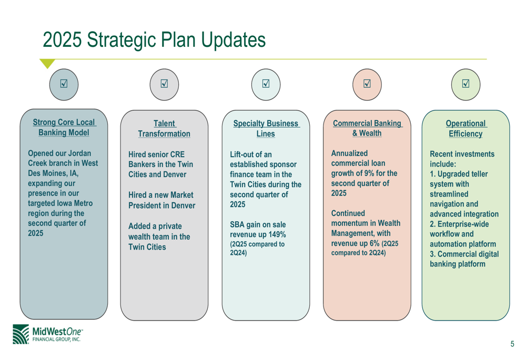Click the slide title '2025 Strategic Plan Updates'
(x=154, y=40)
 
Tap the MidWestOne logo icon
(x=21, y=334)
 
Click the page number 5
(x=512, y=344)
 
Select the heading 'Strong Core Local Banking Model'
(x=64, y=127)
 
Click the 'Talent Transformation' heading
(x=164, y=129)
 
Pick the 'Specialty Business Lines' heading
(x=266, y=129)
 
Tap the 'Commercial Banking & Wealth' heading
(x=367, y=128)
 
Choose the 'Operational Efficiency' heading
(x=466, y=129)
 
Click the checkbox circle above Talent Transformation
(x=164, y=85)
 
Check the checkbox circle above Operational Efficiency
(x=466, y=85)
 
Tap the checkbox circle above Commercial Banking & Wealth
(x=367, y=85)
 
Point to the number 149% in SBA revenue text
(x=277, y=234)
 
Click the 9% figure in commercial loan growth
(x=369, y=173)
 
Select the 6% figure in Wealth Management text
(x=375, y=243)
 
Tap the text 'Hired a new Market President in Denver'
(x=161, y=200)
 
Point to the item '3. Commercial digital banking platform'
(x=464, y=259)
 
